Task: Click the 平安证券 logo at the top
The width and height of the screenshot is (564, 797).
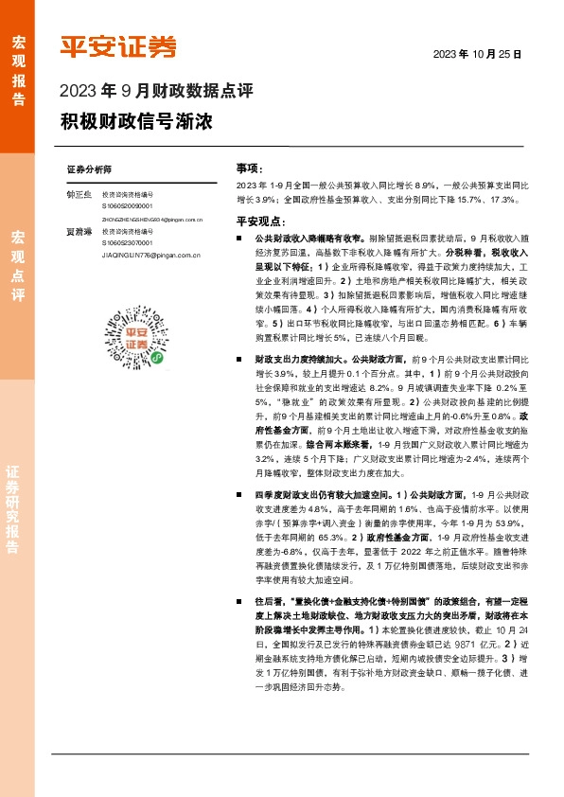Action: (x=118, y=47)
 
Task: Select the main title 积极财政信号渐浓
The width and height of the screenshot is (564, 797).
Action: (x=136, y=123)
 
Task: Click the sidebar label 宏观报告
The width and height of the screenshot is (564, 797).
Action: (x=18, y=62)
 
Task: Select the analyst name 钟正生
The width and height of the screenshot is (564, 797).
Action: (x=79, y=194)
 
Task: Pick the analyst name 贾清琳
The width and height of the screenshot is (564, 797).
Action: (x=79, y=231)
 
